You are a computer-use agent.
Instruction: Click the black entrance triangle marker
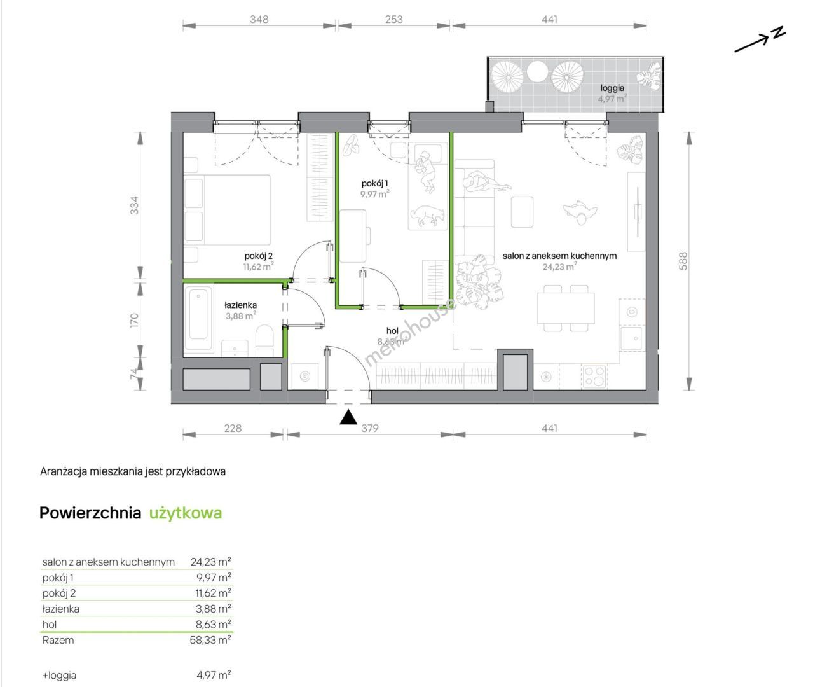point(348,417)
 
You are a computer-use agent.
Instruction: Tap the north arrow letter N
point(779,32)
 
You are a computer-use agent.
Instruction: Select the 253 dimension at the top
point(393,20)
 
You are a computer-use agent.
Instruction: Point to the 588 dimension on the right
point(683,261)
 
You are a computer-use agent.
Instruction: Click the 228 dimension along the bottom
point(233,428)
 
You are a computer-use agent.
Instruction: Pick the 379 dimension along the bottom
point(369,428)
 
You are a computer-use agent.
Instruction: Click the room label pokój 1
point(374,184)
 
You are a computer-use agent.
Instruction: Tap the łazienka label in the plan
point(240,305)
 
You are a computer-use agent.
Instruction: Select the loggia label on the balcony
point(612,88)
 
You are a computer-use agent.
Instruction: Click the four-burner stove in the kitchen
point(594,376)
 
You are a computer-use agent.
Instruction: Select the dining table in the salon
point(566,308)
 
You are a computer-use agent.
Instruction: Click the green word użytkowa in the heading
point(186,513)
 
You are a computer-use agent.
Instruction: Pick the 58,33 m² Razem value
point(210,640)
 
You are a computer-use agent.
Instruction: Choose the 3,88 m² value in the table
point(214,609)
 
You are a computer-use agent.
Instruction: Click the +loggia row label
point(59,675)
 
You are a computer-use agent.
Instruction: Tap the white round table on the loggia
point(538,72)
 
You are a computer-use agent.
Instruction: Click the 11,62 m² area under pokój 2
point(259,267)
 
